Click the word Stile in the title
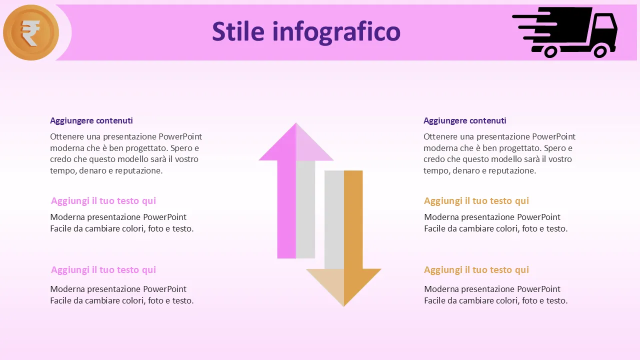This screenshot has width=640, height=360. [238, 31]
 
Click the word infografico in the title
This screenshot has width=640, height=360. [336, 32]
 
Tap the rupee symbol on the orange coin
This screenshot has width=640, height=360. [30, 33]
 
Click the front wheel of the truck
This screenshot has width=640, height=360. [600, 51]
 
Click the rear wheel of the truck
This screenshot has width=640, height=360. [550, 51]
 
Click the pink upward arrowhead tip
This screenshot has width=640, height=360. [296, 123]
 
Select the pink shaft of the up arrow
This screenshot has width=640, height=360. [286, 209]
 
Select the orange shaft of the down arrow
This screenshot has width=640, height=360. [353, 219]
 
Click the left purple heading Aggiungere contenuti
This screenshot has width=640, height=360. [91, 121]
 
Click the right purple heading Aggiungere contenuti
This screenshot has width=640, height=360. [465, 121]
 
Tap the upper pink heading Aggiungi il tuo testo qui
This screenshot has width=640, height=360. [103, 201]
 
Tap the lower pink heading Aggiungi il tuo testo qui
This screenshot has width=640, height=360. [103, 270]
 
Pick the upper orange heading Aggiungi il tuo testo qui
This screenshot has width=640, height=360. [476, 201]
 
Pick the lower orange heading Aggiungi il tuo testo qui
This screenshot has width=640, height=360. [476, 270]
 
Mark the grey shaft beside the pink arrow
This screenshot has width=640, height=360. [305, 209]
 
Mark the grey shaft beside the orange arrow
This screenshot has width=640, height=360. [334, 219]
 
